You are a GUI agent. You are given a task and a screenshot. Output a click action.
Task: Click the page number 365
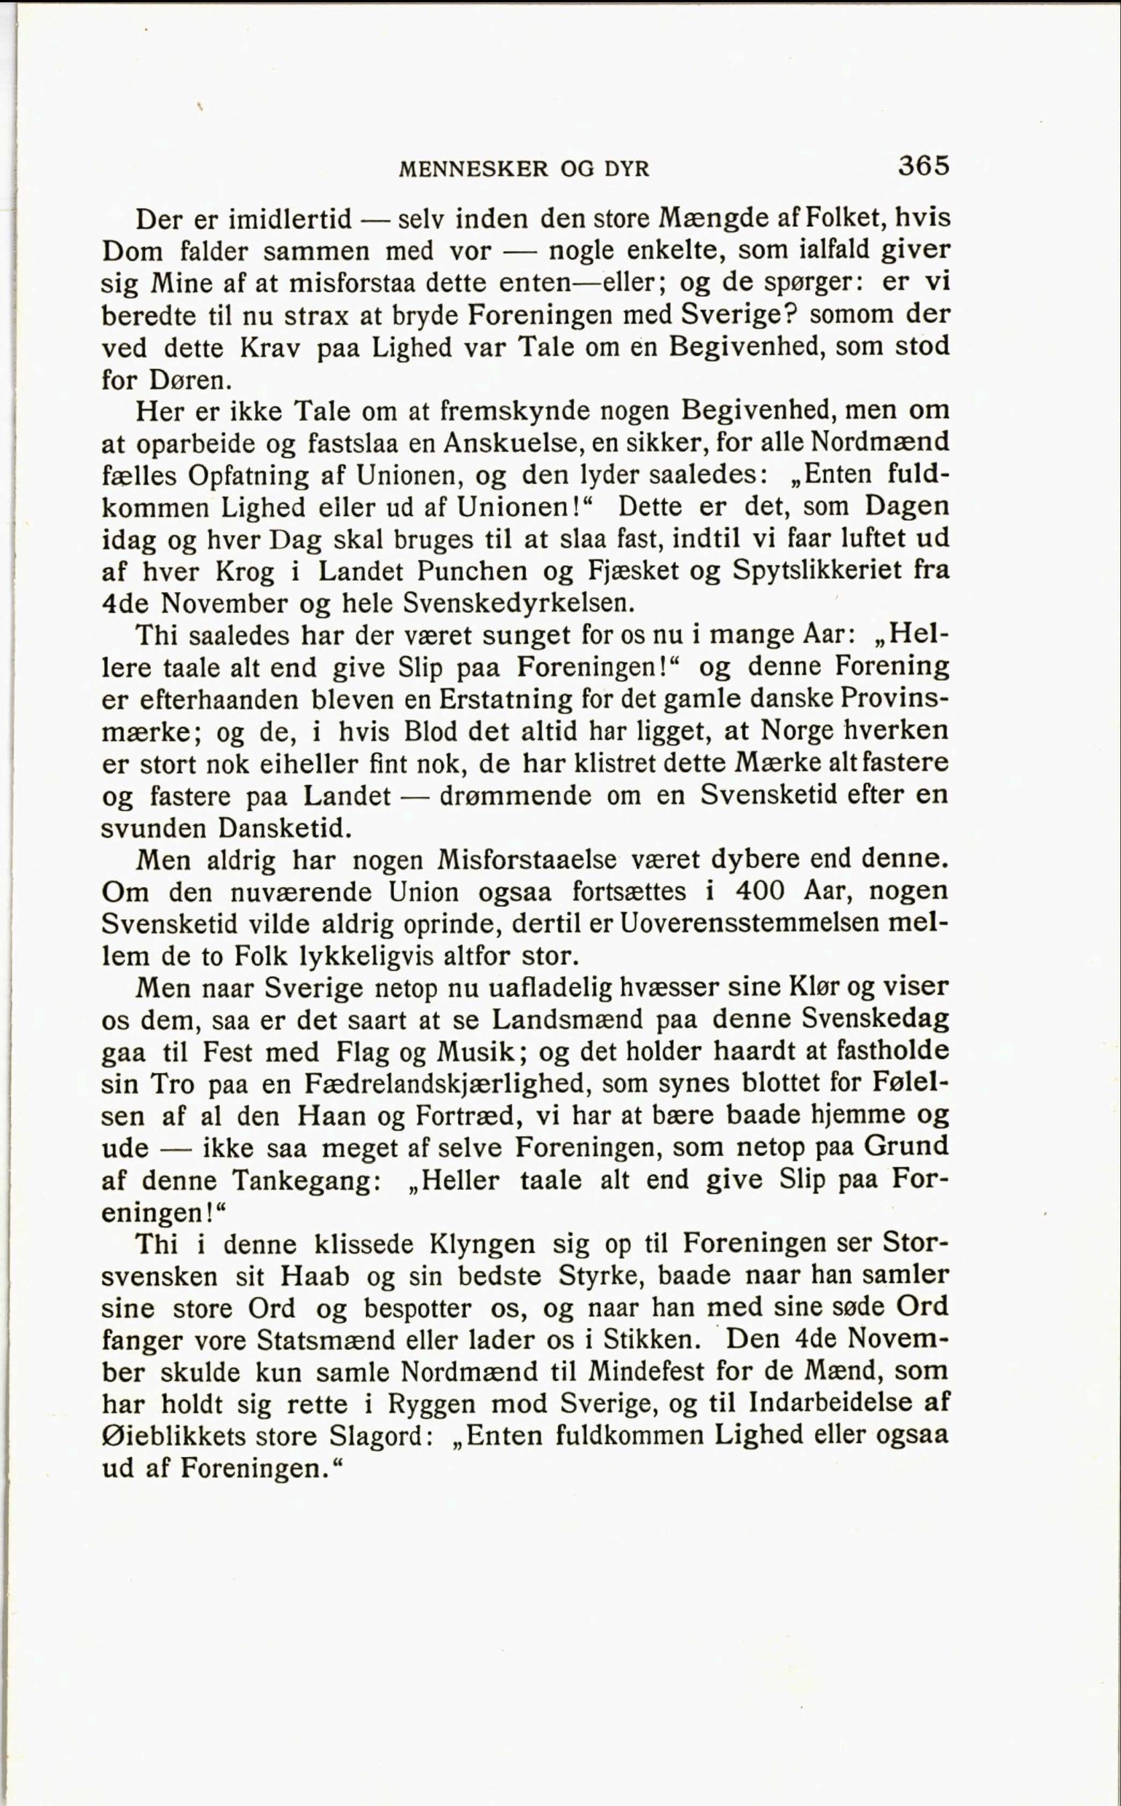coord(923,164)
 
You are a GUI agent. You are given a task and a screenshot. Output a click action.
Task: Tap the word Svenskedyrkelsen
coord(518,604)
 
